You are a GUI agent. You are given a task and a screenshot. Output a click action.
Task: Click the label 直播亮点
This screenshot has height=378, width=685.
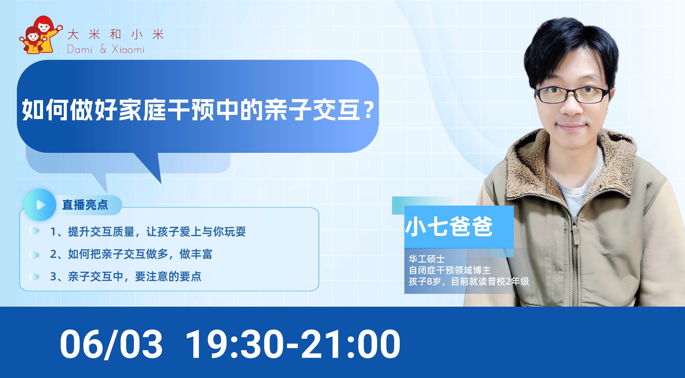coord(85,205)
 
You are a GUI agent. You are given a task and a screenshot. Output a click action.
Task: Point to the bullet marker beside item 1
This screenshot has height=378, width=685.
coord(34,231)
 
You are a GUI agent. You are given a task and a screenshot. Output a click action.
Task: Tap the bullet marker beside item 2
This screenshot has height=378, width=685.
coord(34,254)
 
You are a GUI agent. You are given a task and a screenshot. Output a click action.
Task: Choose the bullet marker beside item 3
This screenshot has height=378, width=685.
coord(34,277)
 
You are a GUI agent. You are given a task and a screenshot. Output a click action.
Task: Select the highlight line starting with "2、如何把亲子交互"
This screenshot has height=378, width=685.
coord(131,254)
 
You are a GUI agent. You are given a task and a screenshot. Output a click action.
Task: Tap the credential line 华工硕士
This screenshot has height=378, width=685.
coord(426,259)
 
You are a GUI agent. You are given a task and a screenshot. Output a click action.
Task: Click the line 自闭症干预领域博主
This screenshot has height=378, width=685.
coord(450,270)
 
